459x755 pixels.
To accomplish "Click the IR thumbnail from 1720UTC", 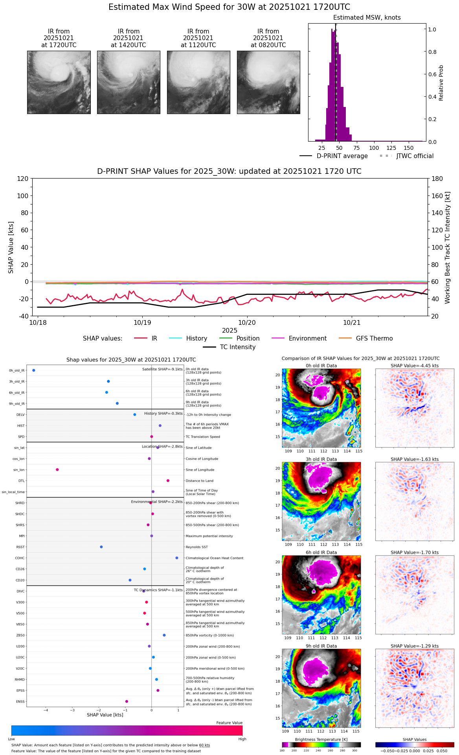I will [x=59, y=82].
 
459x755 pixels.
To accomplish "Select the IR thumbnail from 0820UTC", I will [x=268, y=82].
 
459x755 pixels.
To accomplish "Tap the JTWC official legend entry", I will [x=415, y=156].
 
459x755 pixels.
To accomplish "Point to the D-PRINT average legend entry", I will [x=342, y=156].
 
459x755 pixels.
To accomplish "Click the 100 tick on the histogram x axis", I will [x=374, y=148].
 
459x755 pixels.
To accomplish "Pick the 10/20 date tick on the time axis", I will [x=247, y=322].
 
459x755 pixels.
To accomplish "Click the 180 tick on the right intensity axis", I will [x=437, y=179].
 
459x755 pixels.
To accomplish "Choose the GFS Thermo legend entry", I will [x=374, y=339].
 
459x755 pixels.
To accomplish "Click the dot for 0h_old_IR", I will [x=34, y=370].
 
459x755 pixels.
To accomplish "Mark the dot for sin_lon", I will [x=57, y=470].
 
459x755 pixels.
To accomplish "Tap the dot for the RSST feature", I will [x=101, y=547].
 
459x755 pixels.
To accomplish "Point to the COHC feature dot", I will [x=177, y=558].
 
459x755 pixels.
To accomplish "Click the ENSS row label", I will [x=20, y=702].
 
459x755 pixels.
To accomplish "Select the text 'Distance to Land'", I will [x=200, y=481].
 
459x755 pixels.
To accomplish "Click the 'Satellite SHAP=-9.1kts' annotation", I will [x=162, y=369].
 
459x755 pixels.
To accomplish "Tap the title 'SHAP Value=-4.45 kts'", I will [x=415, y=366].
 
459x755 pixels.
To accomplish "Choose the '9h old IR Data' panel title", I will [x=321, y=646].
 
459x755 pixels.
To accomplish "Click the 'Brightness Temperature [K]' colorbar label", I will [x=321, y=740].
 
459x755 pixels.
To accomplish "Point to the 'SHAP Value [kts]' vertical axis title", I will [x=11, y=247].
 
